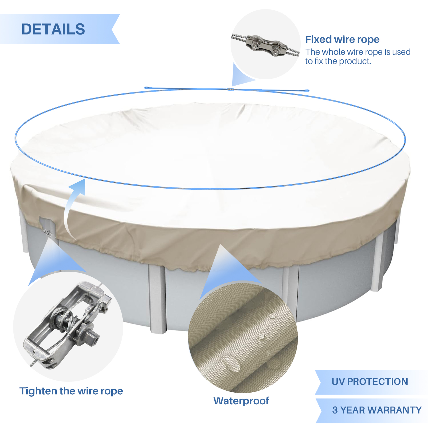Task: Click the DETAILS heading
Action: pyautogui.click(x=53, y=29)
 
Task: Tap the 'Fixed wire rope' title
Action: pyautogui.click(x=342, y=39)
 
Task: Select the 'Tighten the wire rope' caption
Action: pyautogui.click(x=71, y=391)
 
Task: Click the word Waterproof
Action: pyautogui.click(x=241, y=401)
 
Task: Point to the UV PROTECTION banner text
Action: pyautogui.click(x=370, y=381)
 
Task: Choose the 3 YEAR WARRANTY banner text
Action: pyautogui.click(x=377, y=410)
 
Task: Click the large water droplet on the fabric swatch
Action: pyautogui.click(x=231, y=364)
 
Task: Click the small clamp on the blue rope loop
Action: pyautogui.click(x=231, y=89)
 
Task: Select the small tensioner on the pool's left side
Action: pyautogui.click(x=48, y=233)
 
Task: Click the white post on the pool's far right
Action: pyautogui.click(x=378, y=264)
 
